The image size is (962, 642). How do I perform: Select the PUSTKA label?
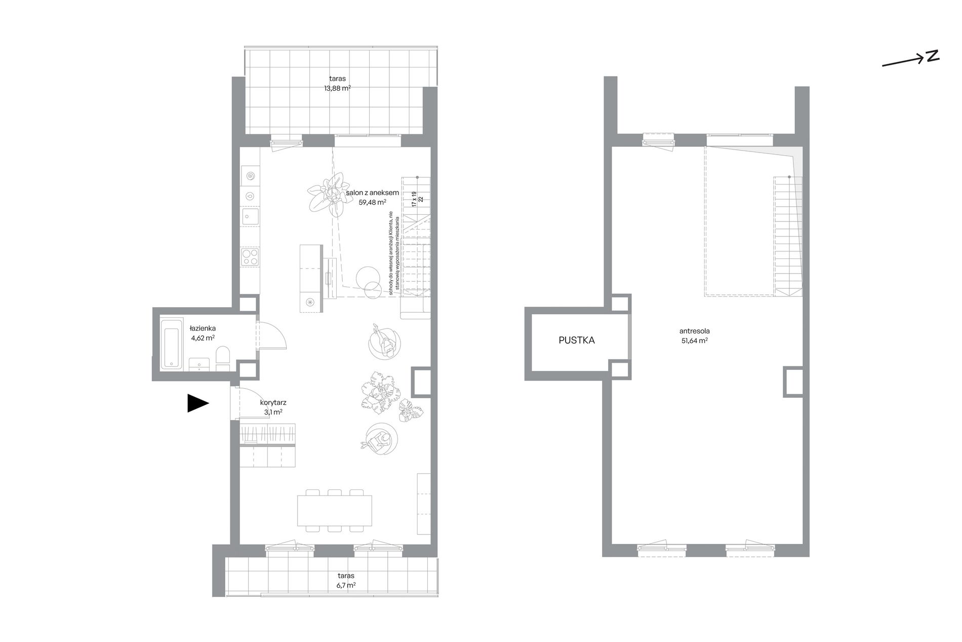[577, 341]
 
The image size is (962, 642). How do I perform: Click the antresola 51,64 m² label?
[694, 336]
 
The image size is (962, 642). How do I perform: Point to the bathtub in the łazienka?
[170, 343]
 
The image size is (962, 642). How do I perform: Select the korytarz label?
[273, 402]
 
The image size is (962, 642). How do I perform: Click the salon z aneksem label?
[373, 193]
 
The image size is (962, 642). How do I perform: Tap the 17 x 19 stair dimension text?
[414, 199]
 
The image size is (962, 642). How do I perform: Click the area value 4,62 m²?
[203, 337]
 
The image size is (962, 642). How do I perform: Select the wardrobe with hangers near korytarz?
[268, 435]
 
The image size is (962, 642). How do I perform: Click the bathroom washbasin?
[199, 364]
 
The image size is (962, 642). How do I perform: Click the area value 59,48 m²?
[372, 202]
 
